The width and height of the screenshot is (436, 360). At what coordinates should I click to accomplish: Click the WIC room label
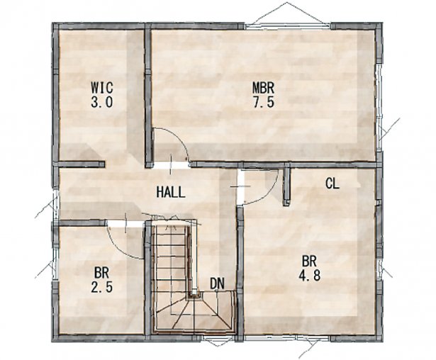[102, 87]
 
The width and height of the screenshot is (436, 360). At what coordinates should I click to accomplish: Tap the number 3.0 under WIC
[102, 102]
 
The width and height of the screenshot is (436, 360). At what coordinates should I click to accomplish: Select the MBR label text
[263, 88]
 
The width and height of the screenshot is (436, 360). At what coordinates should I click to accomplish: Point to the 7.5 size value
[263, 102]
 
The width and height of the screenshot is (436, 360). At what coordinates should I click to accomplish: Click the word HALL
[170, 192]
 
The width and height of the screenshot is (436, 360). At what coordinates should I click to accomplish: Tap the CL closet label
[332, 184]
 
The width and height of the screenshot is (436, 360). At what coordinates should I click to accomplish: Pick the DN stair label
[217, 283]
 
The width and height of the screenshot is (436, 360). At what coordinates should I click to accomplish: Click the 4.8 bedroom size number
[309, 275]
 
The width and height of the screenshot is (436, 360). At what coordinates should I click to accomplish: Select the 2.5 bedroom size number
[102, 286]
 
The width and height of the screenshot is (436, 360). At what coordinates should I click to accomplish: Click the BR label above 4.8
[309, 261]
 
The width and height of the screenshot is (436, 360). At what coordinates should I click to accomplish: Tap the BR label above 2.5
[101, 273]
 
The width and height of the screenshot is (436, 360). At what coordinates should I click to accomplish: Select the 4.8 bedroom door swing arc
[267, 195]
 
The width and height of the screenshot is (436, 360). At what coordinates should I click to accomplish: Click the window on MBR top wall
[287, 26]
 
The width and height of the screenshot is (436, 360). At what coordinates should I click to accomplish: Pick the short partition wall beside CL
[286, 185]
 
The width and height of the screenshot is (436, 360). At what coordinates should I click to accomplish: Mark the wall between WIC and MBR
[148, 96]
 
